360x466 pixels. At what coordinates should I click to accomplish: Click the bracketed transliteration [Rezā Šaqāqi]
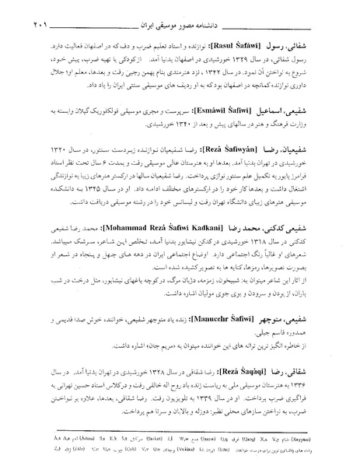pyautogui.click(x=249, y=362)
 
